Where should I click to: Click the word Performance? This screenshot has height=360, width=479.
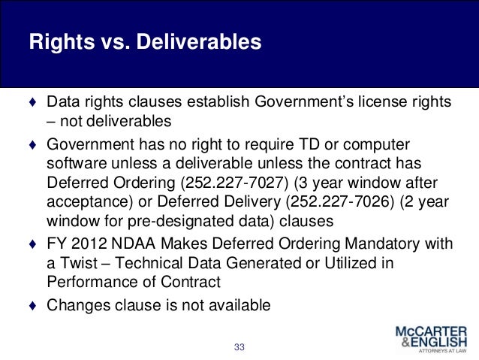tap(83, 283)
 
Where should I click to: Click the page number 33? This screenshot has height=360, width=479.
tap(240, 346)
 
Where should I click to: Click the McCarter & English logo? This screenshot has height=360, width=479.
tap(430, 340)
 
